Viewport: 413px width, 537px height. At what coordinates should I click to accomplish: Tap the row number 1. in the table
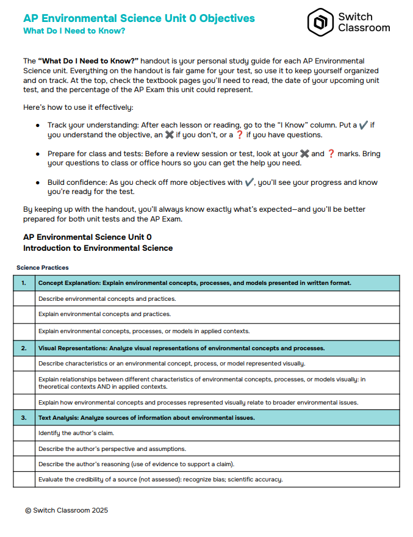click(24, 283)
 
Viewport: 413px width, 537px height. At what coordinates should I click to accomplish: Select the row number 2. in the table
click(24, 348)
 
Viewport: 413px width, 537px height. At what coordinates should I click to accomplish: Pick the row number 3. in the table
click(24, 417)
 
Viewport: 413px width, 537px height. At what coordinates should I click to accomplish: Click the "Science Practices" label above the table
click(43, 267)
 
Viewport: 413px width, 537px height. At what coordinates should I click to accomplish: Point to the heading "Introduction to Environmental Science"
click(98, 248)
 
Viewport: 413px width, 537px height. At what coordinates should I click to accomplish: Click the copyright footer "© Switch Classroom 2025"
click(66, 510)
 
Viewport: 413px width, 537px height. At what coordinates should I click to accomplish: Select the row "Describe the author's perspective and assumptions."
click(112, 449)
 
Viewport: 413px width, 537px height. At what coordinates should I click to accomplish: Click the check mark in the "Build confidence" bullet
click(249, 182)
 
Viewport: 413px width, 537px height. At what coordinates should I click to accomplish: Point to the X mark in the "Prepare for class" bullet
click(305, 154)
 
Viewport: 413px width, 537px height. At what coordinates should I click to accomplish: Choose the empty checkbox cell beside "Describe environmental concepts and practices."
click(24, 299)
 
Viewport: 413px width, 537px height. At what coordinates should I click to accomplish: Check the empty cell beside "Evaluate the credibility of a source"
click(24, 480)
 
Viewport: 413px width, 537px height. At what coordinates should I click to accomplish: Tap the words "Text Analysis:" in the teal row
click(59, 417)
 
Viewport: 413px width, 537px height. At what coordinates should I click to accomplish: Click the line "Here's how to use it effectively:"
click(77, 107)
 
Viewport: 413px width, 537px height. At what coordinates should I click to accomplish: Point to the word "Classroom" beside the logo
click(364, 28)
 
